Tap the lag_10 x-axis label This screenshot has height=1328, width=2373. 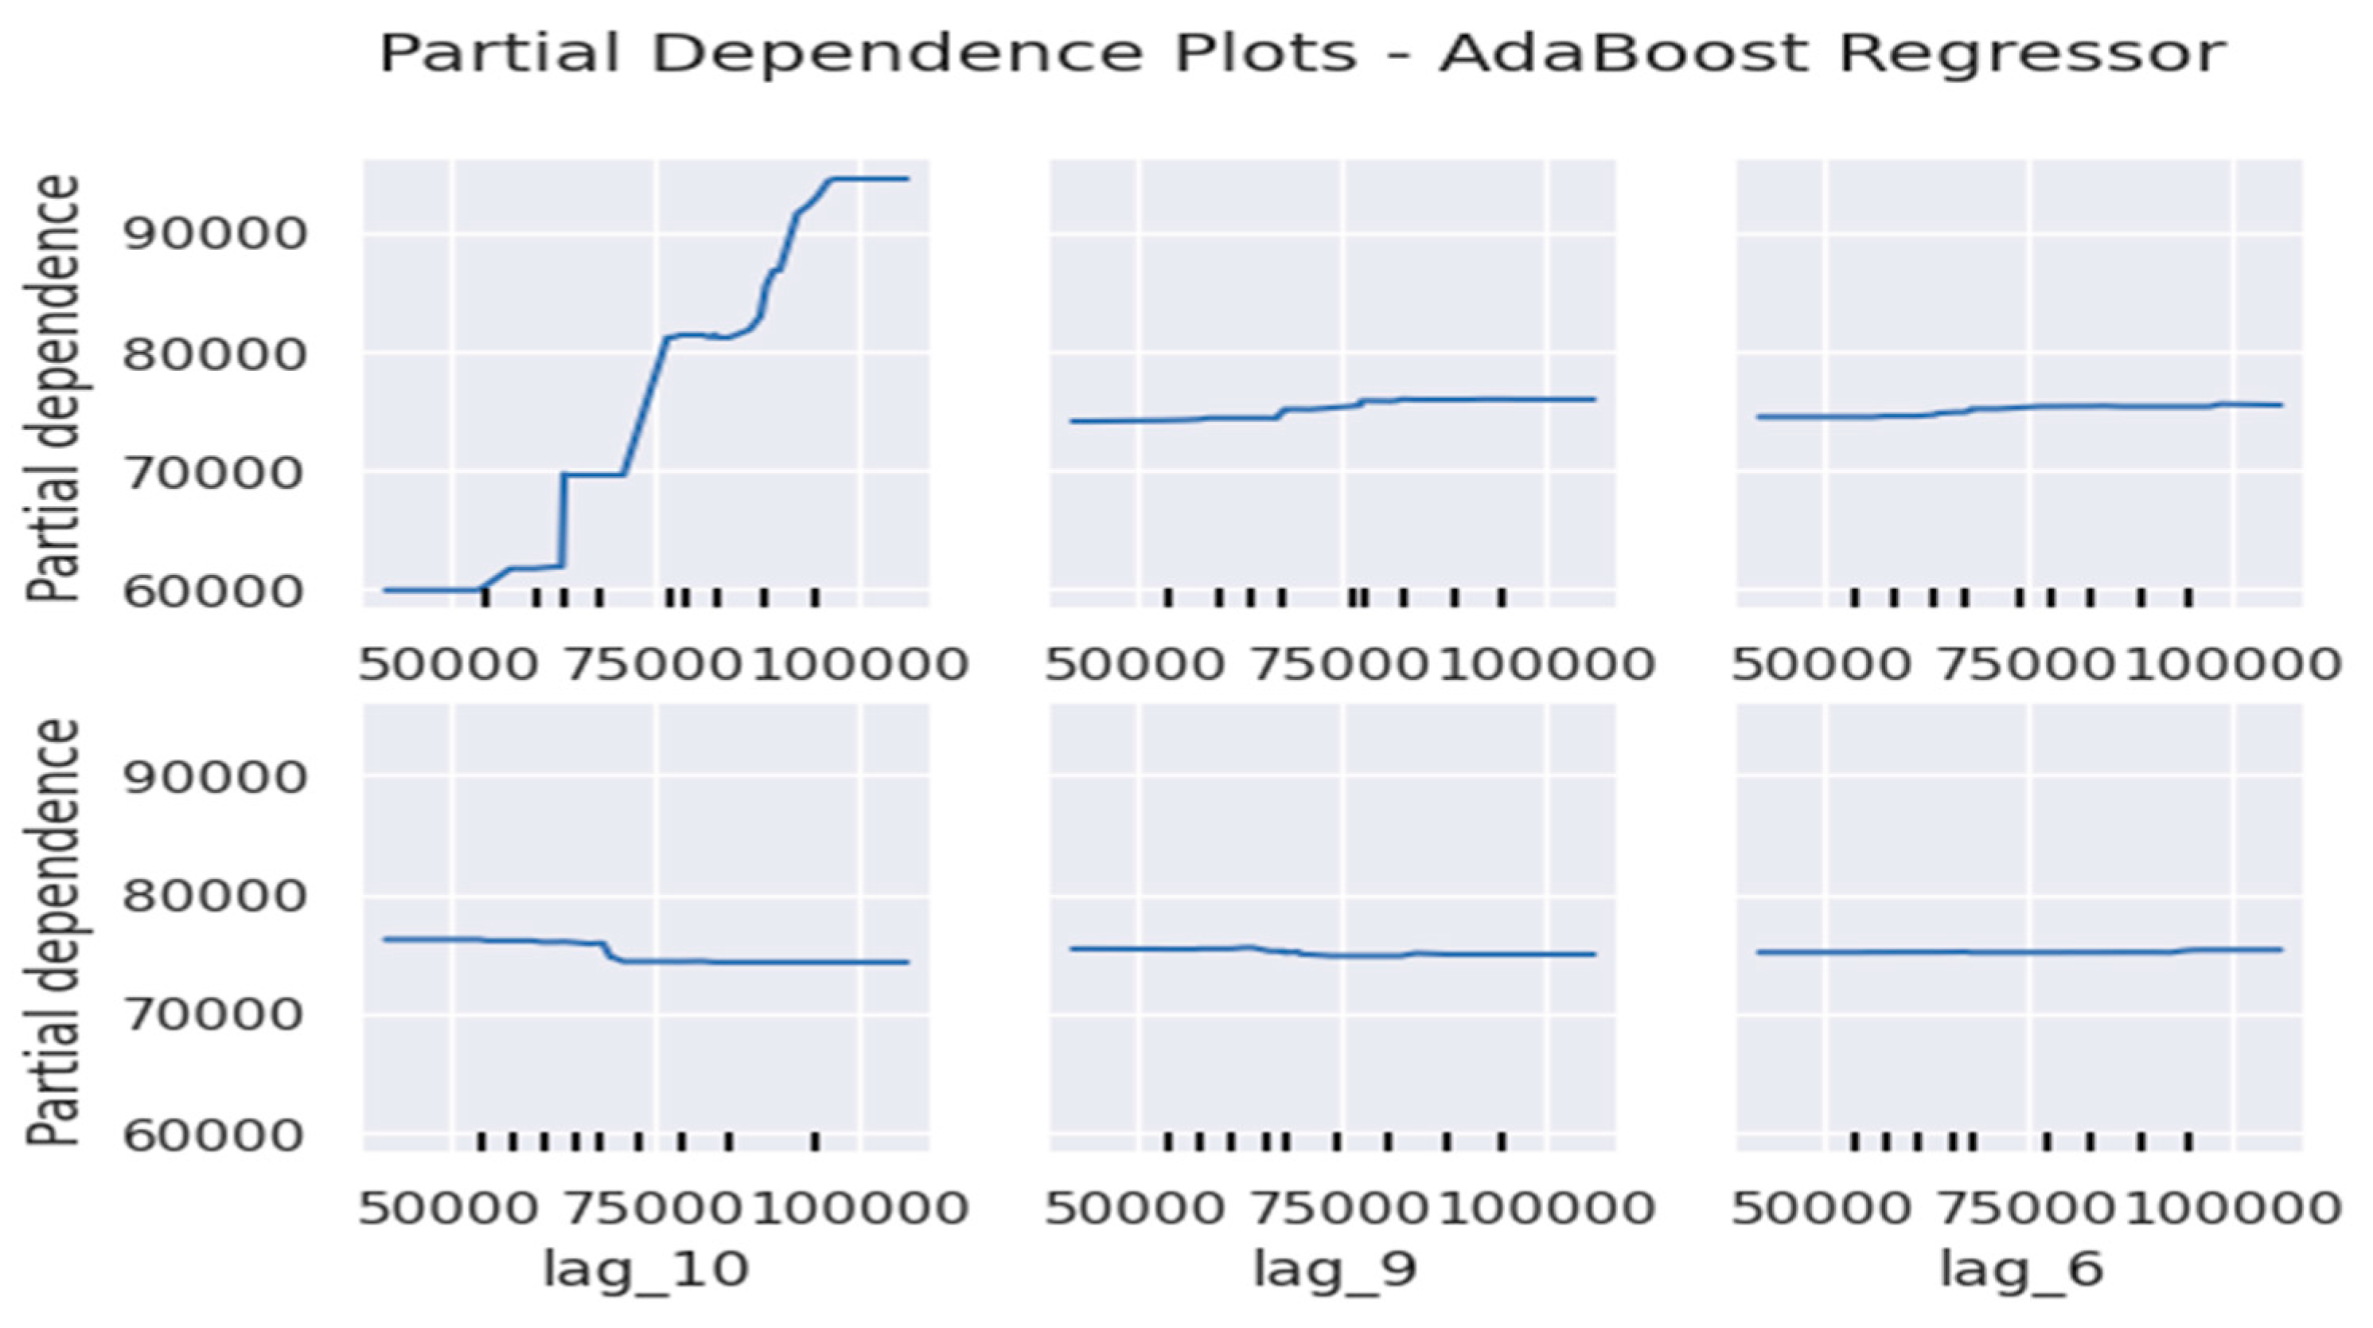coord(645,1269)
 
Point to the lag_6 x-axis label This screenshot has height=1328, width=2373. coord(2022,1269)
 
